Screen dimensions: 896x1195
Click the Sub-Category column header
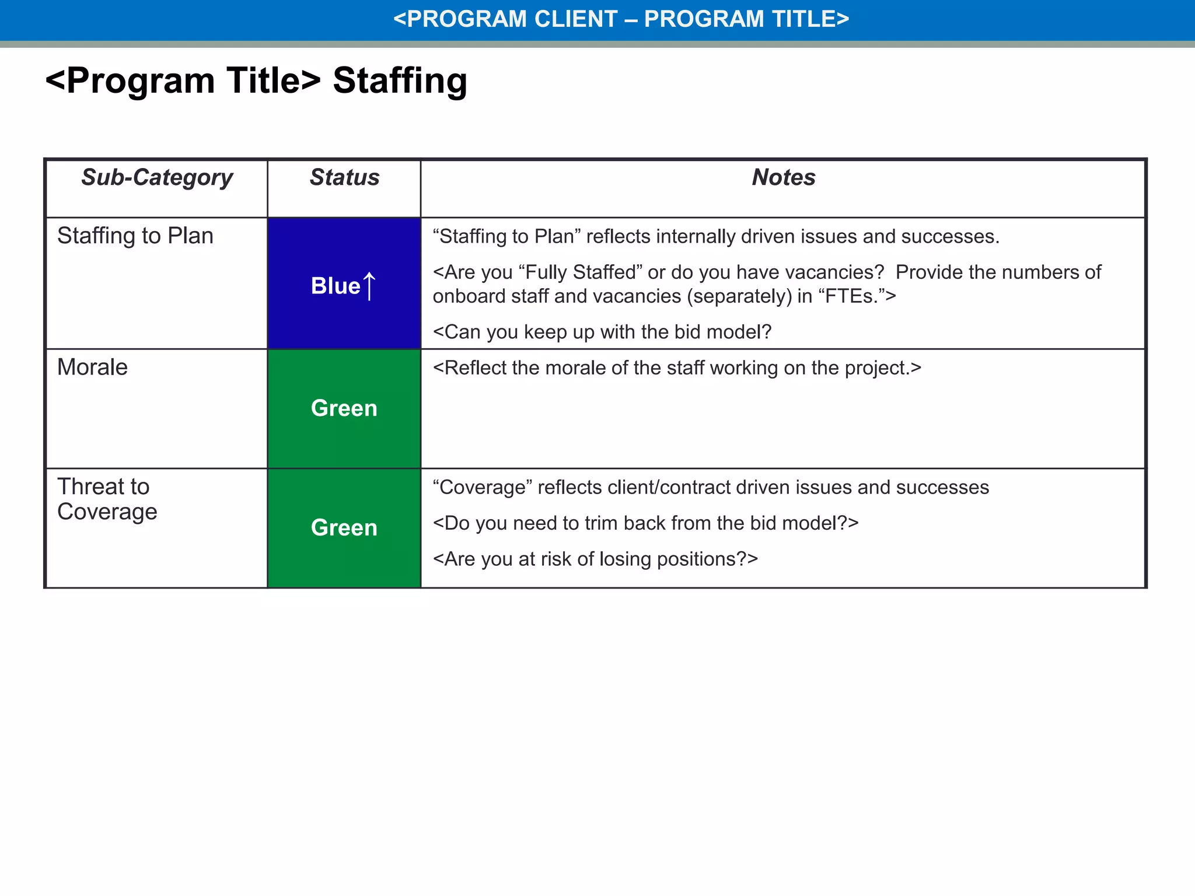click(157, 177)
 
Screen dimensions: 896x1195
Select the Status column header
click(344, 177)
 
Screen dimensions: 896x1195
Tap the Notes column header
click(783, 177)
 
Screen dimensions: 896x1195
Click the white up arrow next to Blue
click(369, 286)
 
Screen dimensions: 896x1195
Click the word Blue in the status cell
click(336, 286)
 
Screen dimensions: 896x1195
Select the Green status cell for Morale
click(344, 408)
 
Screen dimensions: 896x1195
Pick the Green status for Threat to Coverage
click(344, 528)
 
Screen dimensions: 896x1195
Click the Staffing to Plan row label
click(135, 236)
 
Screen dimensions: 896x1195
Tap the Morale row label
click(92, 367)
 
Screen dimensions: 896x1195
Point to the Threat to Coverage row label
click(107, 499)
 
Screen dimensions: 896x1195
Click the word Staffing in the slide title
click(400, 80)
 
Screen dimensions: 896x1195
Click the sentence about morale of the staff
click(677, 368)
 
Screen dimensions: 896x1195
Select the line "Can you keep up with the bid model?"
click(602, 332)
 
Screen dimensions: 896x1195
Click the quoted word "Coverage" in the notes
click(482, 487)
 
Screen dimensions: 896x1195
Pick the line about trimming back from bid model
click(645, 523)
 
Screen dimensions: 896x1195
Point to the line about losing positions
click(595, 559)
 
